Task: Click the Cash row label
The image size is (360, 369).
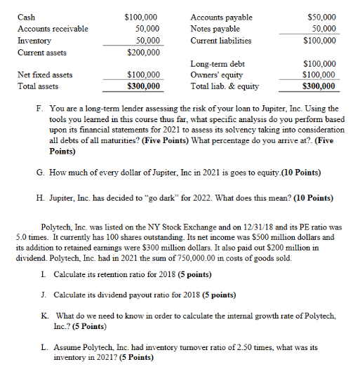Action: click(x=26, y=15)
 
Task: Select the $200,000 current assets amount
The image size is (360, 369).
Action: click(x=142, y=52)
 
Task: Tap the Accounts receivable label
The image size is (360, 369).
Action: click(x=53, y=28)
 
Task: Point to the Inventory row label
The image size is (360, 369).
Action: click(x=34, y=40)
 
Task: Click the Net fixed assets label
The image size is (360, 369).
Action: click(x=44, y=74)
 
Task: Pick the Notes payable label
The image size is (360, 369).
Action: click(x=215, y=28)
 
